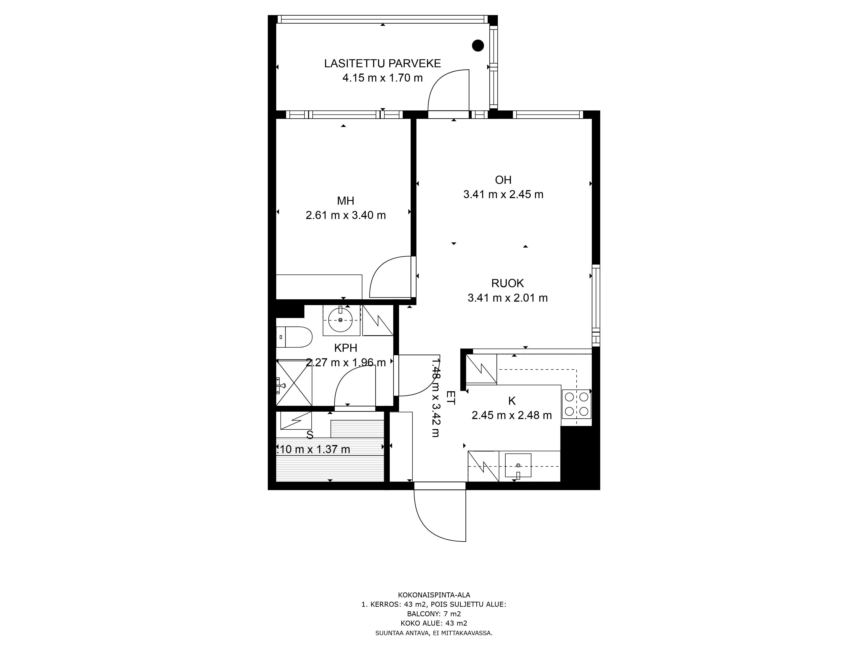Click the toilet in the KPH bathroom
pyautogui.click(x=295, y=337)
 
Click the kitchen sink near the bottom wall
pyautogui.click(x=518, y=465)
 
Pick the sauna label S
pyautogui.click(x=310, y=435)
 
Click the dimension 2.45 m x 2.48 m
pyautogui.click(x=512, y=415)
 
